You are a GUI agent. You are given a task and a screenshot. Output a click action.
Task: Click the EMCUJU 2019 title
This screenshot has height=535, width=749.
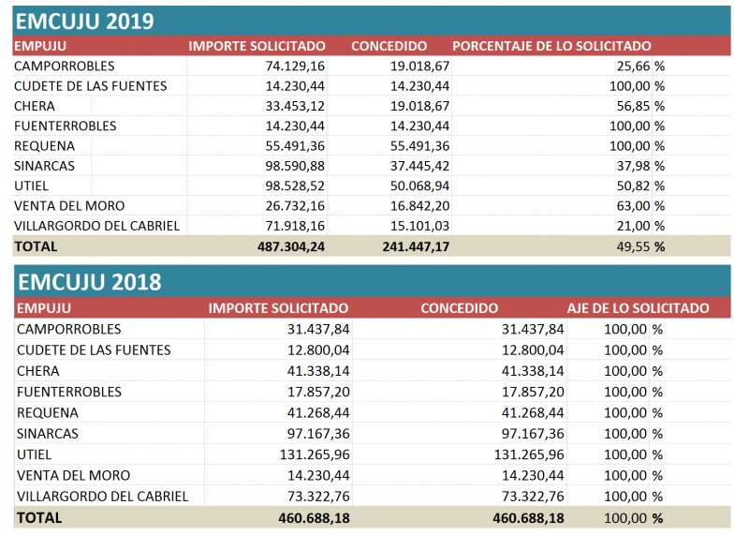(x=84, y=22)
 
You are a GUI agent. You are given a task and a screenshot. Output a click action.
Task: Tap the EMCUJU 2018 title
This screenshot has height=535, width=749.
(x=89, y=282)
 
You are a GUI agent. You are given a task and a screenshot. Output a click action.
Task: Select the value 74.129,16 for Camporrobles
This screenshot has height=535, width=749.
(x=295, y=66)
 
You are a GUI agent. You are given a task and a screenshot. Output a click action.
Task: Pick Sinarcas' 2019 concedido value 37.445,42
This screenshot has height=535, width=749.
(x=419, y=166)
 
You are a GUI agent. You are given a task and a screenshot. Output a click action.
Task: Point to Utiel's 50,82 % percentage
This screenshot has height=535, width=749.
(x=640, y=186)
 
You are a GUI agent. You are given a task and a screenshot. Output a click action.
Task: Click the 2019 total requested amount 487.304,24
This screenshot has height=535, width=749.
(x=291, y=246)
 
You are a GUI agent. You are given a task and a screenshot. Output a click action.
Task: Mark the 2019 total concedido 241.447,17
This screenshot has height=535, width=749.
(x=416, y=246)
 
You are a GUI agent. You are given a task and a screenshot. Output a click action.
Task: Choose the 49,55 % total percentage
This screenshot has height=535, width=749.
(x=640, y=246)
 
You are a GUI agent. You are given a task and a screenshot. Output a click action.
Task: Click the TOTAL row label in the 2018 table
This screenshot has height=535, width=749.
(x=39, y=518)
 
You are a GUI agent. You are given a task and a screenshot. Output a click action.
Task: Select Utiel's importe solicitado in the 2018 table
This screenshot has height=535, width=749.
(x=315, y=454)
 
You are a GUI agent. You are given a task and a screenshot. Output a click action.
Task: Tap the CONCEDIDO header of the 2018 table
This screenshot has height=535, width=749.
(x=459, y=308)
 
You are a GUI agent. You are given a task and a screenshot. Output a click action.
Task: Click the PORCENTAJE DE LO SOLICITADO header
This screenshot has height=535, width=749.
(x=551, y=46)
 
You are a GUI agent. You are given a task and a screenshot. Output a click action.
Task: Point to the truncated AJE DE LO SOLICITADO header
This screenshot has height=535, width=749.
(x=638, y=308)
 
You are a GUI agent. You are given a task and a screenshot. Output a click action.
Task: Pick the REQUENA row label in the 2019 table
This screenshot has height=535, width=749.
(x=44, y=146)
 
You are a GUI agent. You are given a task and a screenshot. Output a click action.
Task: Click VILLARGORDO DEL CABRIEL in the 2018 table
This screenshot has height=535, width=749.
(x=102, y=497)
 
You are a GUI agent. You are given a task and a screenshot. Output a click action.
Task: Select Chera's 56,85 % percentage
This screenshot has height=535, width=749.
(x=640, y=106)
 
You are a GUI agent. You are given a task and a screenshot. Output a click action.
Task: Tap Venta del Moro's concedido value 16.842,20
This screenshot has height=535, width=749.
(x=419, y=206)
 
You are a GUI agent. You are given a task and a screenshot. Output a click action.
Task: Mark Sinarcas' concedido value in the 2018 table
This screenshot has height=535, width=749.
(x=533, y=434)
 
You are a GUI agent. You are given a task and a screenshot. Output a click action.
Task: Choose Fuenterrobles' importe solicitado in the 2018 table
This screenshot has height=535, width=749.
(x=318, y=392)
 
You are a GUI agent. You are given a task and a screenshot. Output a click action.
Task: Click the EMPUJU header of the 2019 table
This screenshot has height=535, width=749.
(x=40, y=46)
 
